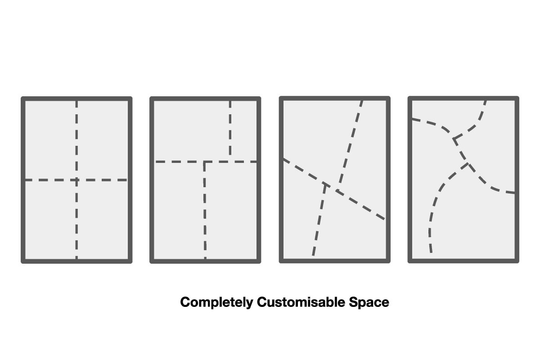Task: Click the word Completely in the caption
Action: (x=216, y=302)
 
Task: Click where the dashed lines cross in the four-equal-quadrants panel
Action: (x=76, y=180)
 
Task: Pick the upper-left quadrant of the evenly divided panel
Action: (x=50, y=139)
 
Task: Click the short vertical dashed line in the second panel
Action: (x=230, y=130)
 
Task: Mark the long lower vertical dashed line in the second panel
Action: (x=205, y=211)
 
